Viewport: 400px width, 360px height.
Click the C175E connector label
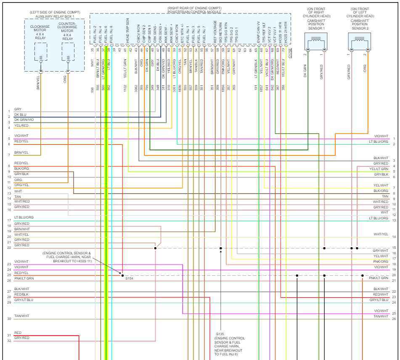click(x=290, y=52)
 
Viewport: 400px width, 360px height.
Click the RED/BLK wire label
click(x=21, y=294)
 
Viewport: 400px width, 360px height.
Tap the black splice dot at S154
click(x=122, y=275)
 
